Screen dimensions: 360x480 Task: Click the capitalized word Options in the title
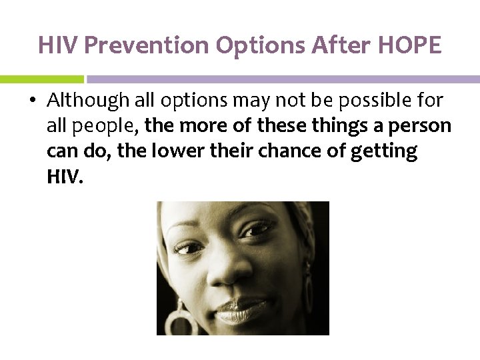(x=248, y=45)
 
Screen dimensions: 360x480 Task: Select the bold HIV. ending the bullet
(x=65, y=177)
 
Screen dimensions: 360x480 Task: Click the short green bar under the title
(x=41, y=79)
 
